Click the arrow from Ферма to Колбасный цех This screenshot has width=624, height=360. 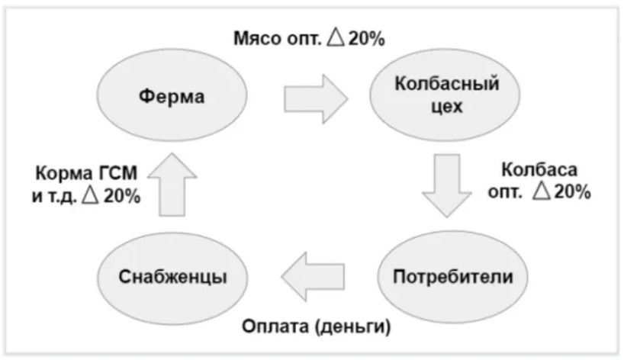click(x=314, y=98)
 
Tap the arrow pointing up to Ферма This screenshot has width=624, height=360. click(x=171, y=186)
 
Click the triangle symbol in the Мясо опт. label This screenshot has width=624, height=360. click(x=336, y=37)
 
